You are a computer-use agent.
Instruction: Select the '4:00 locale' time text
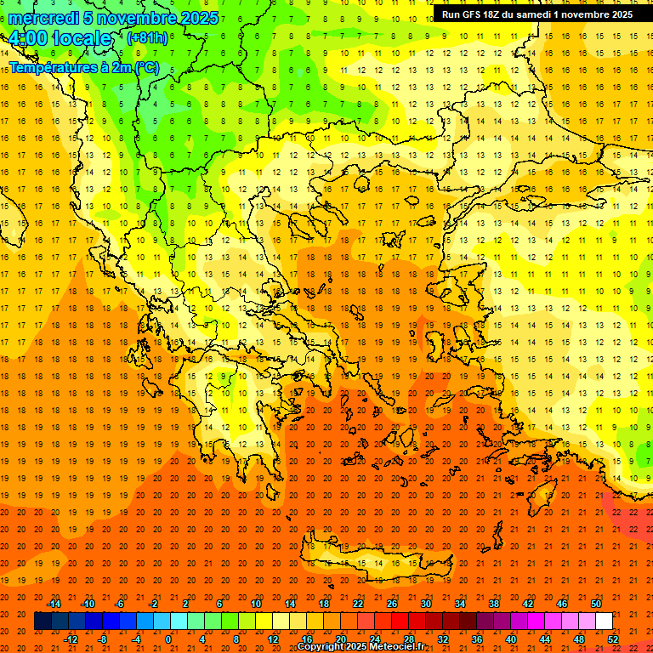[x=60, y=38]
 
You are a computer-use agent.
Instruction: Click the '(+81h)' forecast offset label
[x=146, y=38]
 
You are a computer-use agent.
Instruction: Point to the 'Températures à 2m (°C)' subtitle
[x=83, y=67]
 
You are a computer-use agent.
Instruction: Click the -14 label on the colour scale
[x=54, y=604]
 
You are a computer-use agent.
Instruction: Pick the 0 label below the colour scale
[x=168, y=639]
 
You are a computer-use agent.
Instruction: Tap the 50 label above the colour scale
[x=596, y=604]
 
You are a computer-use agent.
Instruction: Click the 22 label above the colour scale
[x=358, y=604]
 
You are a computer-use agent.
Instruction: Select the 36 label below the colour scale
[x=477, y=639]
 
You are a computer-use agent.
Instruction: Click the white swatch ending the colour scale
[x=605, y=622]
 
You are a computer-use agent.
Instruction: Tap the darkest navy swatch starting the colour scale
[x=43, y=622]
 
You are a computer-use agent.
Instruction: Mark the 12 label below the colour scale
[x=274, y=639]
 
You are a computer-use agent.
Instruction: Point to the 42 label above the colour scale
[x=528, y=604]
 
